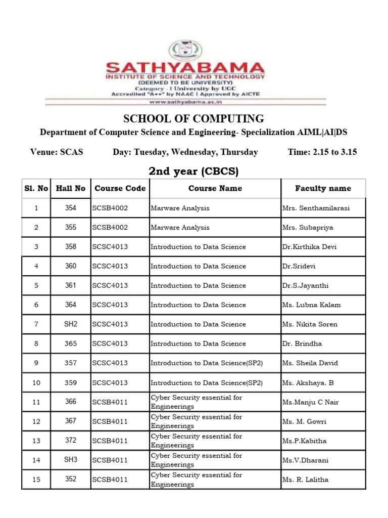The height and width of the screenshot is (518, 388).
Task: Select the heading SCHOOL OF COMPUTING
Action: click(x=194, y=119)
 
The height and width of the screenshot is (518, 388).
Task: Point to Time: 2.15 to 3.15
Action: click(x=322, y=152)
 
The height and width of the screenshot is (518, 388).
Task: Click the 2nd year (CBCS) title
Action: click(x=193, y=171)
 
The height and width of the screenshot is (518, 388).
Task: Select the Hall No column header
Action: click(x=71, y=188)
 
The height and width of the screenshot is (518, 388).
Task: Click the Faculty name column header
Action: click(x=323, y=188)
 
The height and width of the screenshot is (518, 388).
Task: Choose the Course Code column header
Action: click(x=120, y=188)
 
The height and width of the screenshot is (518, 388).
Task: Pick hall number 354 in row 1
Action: click(x=71, y=208)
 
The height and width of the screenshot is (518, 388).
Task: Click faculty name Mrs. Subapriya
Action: click(x=308, y=228)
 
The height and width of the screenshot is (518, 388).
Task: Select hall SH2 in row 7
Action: click(x=71, y=324)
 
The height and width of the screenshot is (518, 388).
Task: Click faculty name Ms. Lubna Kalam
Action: click(x=311, y=305)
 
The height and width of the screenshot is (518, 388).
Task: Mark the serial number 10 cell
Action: click(x=36, y=382)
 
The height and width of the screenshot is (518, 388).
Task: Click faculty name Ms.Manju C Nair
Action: click(x=310, y=402)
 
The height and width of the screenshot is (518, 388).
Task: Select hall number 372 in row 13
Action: click(x=71, y=441)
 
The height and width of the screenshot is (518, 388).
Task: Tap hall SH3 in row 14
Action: click(x=71, y=460)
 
